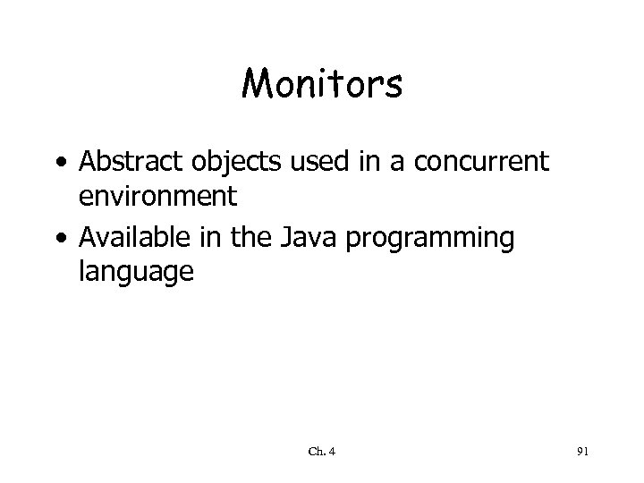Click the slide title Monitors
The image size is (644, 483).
(322, 86)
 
